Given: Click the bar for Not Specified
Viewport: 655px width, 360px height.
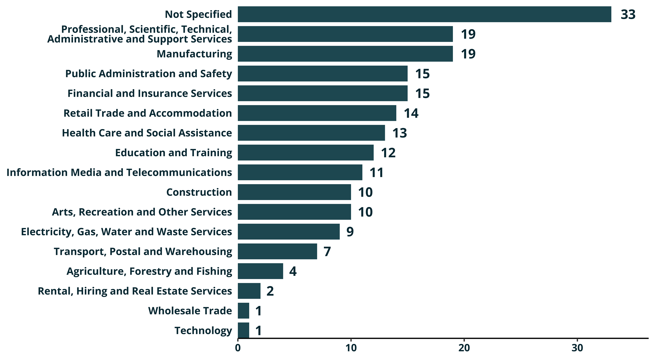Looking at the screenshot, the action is click(424, 14).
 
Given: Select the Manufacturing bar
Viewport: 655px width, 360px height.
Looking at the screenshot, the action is click(345, 54).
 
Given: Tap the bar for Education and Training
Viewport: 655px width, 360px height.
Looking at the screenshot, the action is click(306, 153).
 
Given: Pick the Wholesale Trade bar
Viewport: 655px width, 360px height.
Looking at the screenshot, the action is click(243, 311).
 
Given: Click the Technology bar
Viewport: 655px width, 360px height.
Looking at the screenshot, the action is click(243, 330).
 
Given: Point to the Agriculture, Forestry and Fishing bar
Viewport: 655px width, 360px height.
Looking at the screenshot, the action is click(260, 271).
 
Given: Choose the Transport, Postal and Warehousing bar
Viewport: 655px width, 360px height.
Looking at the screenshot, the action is click(277, 251).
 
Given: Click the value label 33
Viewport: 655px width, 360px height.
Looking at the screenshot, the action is click(628, 15).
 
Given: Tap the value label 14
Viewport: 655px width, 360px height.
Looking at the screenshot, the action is click(411, 113).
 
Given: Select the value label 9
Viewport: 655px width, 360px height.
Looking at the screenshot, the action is click(350, 232).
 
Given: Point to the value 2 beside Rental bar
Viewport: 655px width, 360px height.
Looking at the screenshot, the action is click(270, 291).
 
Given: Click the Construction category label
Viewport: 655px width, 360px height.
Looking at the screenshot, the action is click(199, 192).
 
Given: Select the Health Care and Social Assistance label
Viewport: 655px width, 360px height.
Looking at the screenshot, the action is click(147, 133).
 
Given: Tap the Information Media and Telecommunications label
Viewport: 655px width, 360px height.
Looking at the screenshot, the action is click(119, 172).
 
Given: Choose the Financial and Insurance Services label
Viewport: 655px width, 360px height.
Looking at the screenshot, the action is click(150, 93).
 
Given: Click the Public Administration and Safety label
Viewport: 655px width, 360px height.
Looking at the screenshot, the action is click(149, 74).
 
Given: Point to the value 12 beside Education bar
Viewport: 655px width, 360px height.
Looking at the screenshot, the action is click(388, 153).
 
